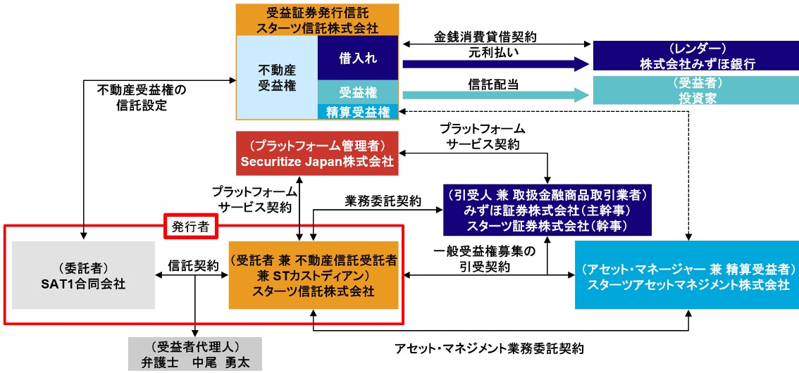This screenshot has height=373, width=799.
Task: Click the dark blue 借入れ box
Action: click(357, 58)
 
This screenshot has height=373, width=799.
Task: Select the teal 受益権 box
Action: click(357, 92)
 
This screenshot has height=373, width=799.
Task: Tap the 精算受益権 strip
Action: click(357, 111)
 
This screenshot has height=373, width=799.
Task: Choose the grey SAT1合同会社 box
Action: click(83, 275)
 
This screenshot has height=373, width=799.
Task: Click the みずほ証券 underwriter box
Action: click(547, 210)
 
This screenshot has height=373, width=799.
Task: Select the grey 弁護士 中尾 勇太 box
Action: click(195, 354)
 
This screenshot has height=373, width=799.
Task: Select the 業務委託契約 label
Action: click(383, 201)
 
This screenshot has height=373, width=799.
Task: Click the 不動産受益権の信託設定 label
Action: click(141, 98)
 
